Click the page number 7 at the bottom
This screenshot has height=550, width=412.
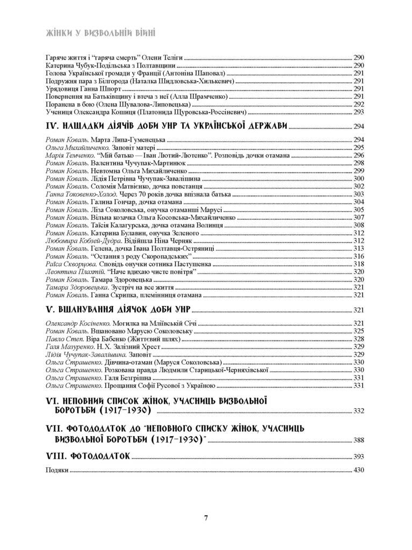click(x=206, y=518)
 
